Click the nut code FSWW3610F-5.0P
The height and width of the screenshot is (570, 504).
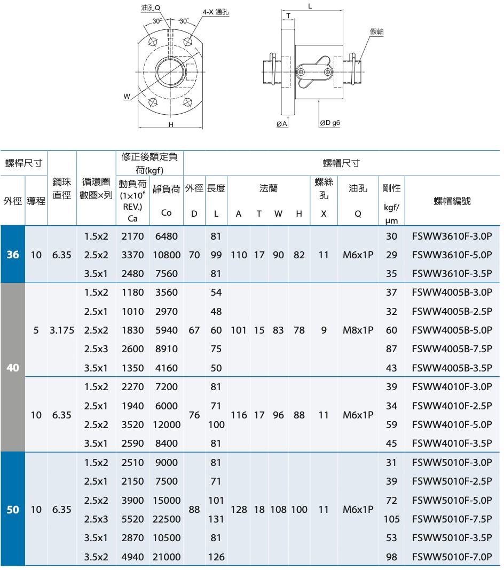[x=452, y=255]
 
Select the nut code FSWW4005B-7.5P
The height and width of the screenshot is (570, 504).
[x=452, y=349]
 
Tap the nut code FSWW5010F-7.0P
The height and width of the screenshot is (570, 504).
[x=452, y=557]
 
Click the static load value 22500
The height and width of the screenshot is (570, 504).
[x=167, y=519]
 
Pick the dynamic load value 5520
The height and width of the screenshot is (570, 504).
[x=133, y=519]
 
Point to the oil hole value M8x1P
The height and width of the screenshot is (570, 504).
[x=358, y=330]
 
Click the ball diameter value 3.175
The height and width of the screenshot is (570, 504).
[x=62, y=330]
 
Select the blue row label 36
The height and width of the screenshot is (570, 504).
[x=13, y=255]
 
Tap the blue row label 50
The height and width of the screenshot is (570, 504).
[x=13, y=510]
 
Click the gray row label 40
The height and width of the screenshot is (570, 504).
[x=13, y=368]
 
